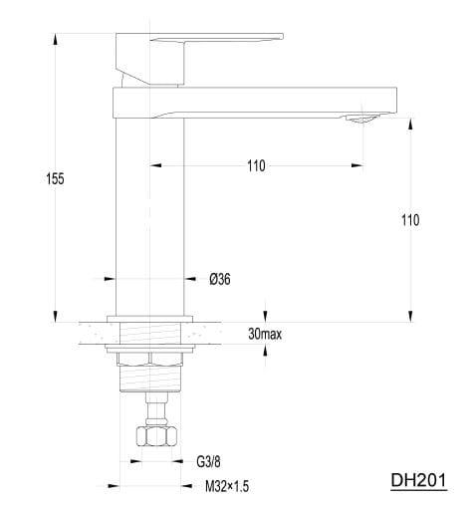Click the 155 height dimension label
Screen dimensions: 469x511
(55, 179)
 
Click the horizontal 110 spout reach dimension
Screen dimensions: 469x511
(256, 165)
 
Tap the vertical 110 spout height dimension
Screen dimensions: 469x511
(410, 220)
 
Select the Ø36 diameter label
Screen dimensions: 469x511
(220, 279)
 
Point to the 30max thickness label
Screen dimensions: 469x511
(265, 334)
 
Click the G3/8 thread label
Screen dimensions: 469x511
(208, 461)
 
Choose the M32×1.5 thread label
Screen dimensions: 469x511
(227, 487)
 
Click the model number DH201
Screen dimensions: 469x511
(418, 480)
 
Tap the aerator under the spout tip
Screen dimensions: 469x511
(361, 119)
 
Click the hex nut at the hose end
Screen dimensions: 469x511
(156, 436)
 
